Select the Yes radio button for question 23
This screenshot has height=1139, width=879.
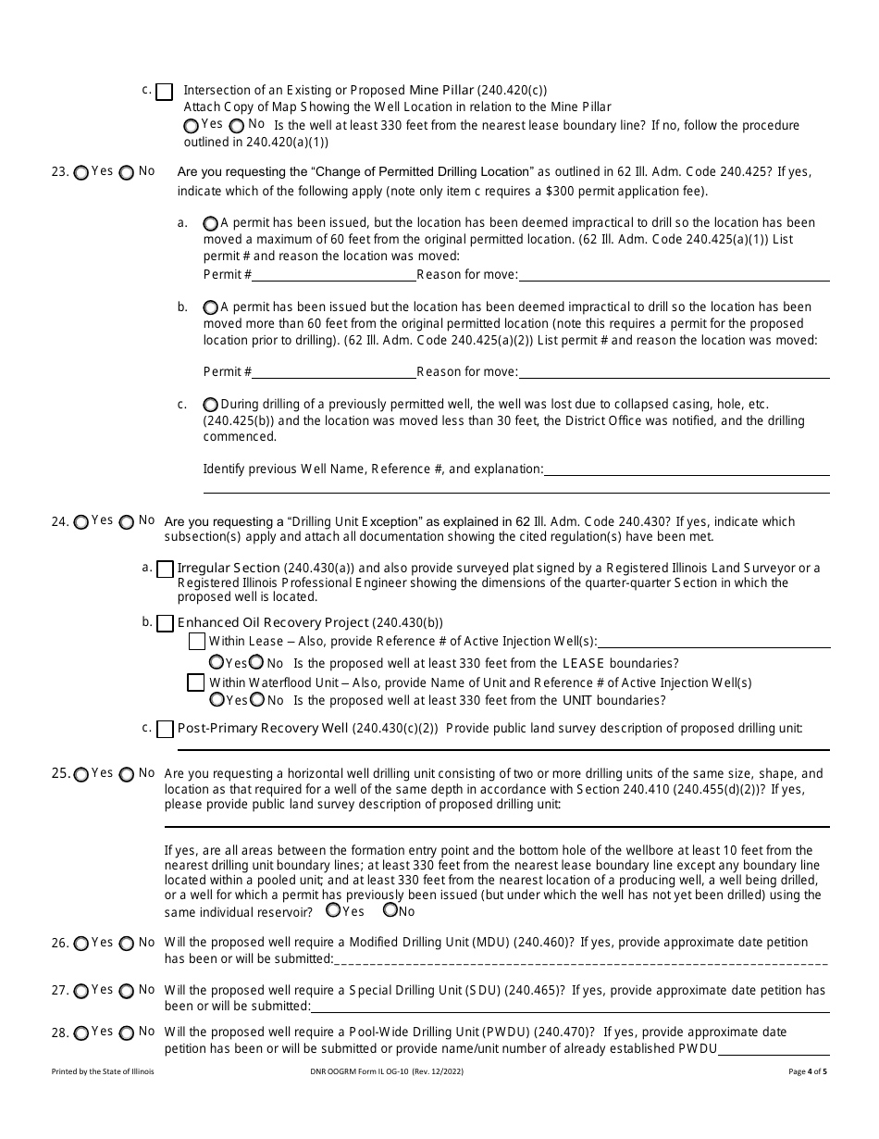(81, 172)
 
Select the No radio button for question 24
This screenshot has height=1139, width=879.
(127, 522)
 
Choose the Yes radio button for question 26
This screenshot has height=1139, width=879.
(81, 944)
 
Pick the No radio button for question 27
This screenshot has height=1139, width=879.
(127, 991)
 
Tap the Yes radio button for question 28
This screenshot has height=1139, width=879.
(81, 1033)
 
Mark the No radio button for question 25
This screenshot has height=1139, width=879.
(127, 774)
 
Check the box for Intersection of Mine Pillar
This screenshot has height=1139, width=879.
(164, 92)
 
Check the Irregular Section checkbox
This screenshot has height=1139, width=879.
(165, 569)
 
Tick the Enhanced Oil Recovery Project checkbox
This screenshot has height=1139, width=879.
(165, 623)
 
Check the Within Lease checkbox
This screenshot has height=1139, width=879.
(196, 641)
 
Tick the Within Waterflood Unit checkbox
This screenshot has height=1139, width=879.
(196, 682)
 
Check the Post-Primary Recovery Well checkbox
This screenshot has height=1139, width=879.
(165, 729)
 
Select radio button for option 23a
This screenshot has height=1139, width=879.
(211, 223)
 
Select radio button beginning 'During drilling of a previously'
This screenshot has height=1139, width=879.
(211, 405)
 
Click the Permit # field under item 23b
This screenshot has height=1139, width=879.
(334, 371)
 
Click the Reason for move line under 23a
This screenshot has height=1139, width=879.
(674, 274)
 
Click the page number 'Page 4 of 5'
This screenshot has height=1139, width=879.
(808, 1071)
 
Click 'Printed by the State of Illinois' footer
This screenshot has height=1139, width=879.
(103, 1071)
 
